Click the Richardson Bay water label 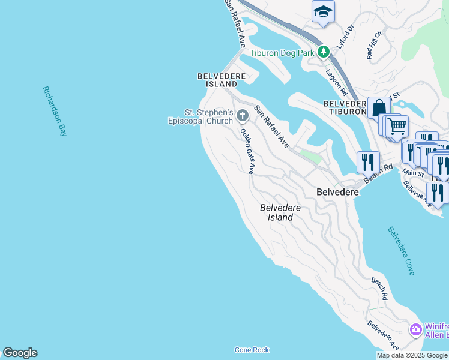(x=55, y=112)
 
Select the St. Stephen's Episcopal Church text (x=200, y=116)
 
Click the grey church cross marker (x=243, y=115)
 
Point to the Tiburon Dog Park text (x=282, y=53)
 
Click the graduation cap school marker (x=323, y=11)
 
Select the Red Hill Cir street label (x=374, y=45)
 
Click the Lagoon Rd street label (x=336, y=82)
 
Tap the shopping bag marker (x=379, y=108)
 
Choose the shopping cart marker (x=397, y=126)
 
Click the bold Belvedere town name (x=337, y=192)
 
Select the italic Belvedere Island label (x=280, y=212)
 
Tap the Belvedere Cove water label (x=401, y=251)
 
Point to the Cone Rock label (x=252, y=350)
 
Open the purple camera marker (x=415, y=330)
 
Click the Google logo (x=20, y=353)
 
